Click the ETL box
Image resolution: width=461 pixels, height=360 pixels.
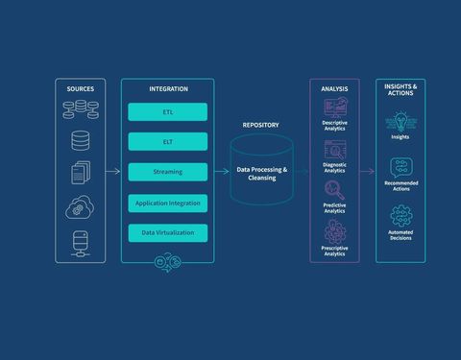[x=168, y=112]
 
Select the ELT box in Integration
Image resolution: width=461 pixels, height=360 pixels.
[x=168, y=142]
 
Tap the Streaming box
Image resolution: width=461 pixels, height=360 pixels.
[x=168, y=172]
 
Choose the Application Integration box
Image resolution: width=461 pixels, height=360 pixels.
[x=168, y=203]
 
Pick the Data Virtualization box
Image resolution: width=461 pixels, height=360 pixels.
[x=168, y=232]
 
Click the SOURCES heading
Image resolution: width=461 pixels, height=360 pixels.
[x=81, y=88]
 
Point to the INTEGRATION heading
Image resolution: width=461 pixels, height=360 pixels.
[x=168, y=88]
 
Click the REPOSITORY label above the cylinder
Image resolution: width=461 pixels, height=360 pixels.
[x=260, y=125]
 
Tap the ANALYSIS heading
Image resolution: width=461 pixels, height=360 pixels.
[x=334, y=88]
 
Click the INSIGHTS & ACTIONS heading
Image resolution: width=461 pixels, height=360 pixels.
[x=400, y=89]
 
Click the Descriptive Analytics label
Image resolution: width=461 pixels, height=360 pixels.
[x=334, y=126]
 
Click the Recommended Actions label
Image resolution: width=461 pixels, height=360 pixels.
[x=400, y=185]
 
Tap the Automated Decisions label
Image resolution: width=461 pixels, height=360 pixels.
[x=400, y=234]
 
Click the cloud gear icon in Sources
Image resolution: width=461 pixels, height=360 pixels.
[x=81, y=206]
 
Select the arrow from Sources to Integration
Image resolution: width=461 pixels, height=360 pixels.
[x=112, y=172]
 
